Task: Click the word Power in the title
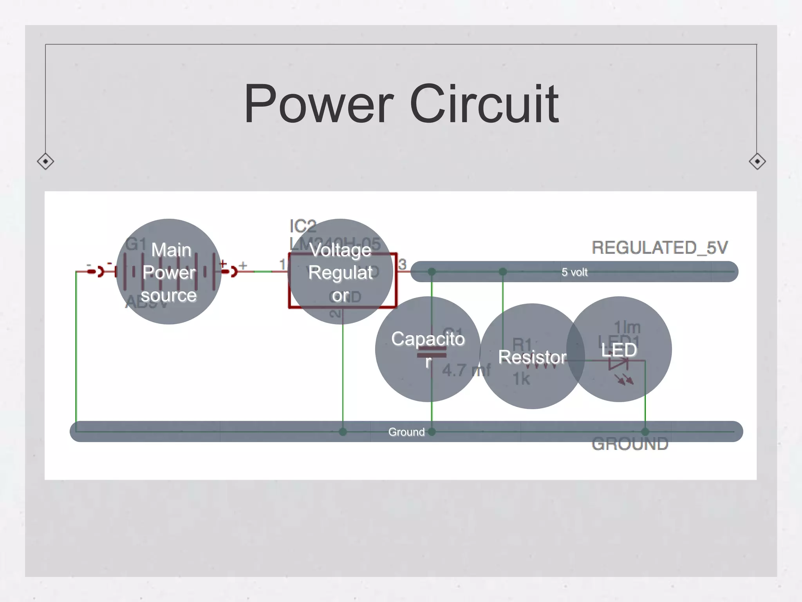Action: (x=318, y=104)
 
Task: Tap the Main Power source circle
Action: (x=169, y=272)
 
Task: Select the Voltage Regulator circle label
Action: (x=340, y=272)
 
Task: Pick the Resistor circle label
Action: (x=532, y=357)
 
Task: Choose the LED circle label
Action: (x=619, y=350)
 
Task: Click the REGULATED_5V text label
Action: (x=659, y=248)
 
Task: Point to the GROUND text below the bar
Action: (x=630, y=444)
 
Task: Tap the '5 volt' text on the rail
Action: (x=574, y=272)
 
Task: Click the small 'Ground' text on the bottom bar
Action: (x=406, y=432)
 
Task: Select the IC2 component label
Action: (x=302, y=226)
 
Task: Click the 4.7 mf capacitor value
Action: (x=466, y=370)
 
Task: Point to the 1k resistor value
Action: (x=521, y=379)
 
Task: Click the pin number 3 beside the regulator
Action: (x=402, y=265)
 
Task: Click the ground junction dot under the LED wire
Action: (x=645, y=432)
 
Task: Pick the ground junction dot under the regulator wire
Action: (x=343, y=432)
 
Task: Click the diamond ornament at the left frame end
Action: (x=45, y=161)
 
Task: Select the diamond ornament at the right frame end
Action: (x=757, y=161)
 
